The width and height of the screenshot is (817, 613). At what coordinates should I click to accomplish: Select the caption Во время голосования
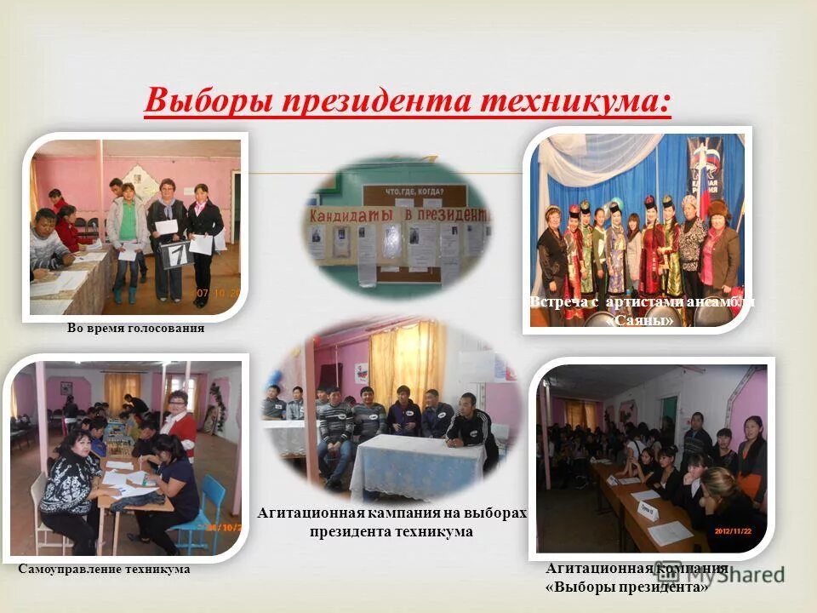point(136,328)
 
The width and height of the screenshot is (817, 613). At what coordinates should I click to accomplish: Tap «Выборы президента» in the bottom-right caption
point(626,587)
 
